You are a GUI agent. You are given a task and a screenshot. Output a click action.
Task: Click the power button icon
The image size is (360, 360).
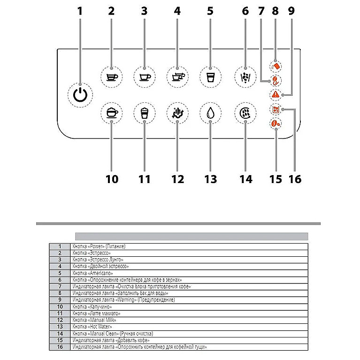point(80,94)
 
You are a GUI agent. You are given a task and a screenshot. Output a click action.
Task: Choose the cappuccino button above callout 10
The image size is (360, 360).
point(111,113)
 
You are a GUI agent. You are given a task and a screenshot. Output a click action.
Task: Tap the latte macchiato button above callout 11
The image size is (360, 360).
point(144,113)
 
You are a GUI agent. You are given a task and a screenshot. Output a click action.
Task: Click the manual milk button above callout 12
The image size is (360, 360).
point(177,113)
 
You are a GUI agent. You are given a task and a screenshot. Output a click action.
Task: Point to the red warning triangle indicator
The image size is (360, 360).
point(276,94)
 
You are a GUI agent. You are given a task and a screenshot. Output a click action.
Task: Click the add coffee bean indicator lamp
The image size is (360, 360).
point(276,124)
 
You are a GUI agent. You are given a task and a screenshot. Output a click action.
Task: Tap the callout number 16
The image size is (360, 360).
point(295,179)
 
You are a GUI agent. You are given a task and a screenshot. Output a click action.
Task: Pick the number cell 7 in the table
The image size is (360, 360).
point(60,286)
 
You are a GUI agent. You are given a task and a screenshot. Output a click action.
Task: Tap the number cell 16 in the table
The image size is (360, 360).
point(60,347)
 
